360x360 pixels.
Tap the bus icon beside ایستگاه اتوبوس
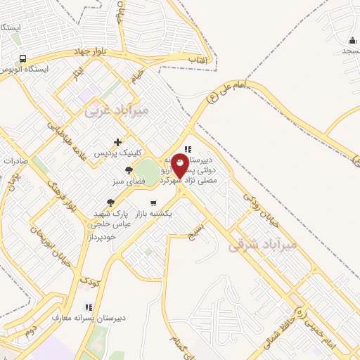tap(23, 58)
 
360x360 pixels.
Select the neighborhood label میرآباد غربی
tap(117, 110)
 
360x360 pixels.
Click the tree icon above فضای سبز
tap(128, 170)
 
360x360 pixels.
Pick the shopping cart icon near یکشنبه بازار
tap(153, 203)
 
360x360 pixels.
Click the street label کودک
tap(89, 282)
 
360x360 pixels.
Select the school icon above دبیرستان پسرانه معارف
tap(89, 307)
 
